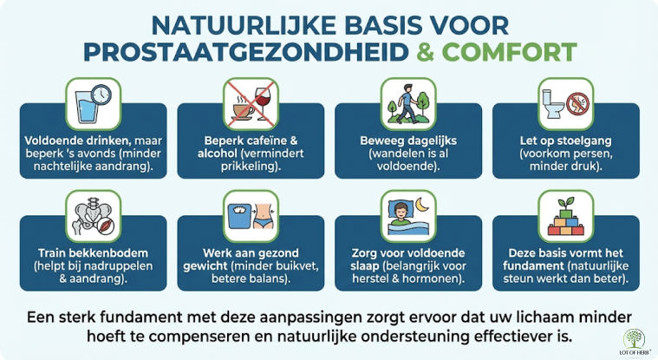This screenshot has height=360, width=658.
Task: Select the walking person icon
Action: [x=407, y=104]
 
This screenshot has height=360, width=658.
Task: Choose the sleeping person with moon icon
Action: [x=407, y=217]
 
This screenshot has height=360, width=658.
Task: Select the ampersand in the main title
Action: [x=425, y=51]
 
